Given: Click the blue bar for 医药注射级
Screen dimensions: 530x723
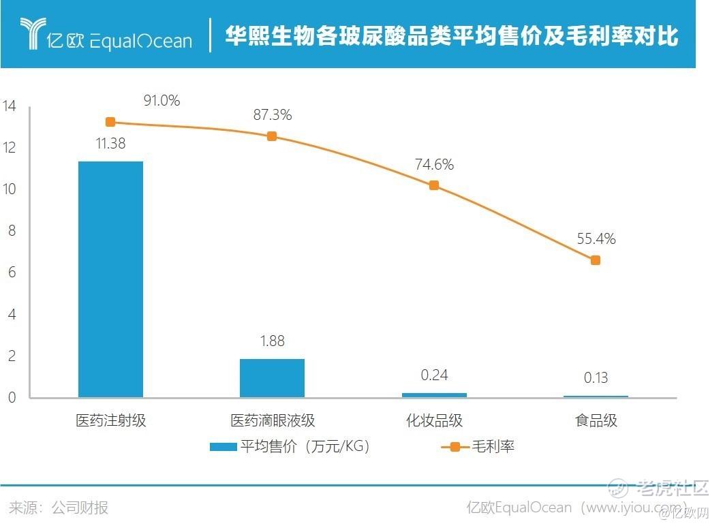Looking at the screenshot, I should (110, 279).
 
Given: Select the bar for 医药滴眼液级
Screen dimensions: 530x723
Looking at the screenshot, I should (272, 378).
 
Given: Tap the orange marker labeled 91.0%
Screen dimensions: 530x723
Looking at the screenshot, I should (110, 122).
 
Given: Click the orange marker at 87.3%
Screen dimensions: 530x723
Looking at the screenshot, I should (272, 136).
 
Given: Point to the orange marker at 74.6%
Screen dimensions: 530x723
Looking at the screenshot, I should (433, 185).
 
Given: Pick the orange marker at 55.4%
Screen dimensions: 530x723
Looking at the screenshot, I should (595, 260).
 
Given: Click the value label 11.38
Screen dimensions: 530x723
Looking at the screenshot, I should (110, 144).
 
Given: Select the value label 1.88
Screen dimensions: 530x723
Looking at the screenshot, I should (272, 341).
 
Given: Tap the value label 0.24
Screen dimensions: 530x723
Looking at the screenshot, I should (433, 375).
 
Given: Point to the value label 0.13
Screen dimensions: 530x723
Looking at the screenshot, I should (595, 378).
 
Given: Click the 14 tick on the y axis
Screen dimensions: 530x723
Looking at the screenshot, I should (10, 106).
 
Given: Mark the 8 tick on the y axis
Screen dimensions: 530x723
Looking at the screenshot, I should (10, 231).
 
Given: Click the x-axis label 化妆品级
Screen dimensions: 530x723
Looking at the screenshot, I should (434, 420).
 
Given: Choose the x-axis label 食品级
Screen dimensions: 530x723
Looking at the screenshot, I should (596, 420).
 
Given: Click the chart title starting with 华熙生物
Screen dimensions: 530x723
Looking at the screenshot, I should (452, 36).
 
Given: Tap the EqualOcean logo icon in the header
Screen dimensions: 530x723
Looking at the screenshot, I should (31, 34).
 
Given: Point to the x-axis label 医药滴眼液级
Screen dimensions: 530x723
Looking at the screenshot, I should (273, 420).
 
